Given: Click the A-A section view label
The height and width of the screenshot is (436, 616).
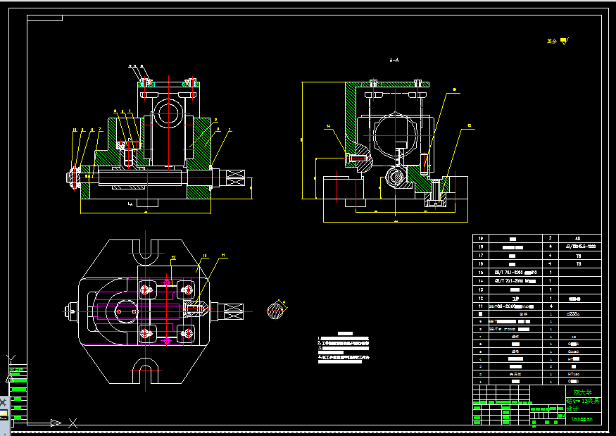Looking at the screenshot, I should tap(394, 61).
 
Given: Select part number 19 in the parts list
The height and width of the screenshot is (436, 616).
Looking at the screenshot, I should tap(483, 239).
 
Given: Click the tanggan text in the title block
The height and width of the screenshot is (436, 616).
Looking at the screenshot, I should tap(581, 418).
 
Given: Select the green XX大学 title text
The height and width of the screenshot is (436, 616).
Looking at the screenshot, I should tap(582, 392).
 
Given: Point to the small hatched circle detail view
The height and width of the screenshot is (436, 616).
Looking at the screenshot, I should tap(279, 309).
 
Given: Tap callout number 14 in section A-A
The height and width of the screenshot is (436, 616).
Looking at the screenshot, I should tap(327, 126).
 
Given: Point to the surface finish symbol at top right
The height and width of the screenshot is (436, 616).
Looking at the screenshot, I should tap(555, 41).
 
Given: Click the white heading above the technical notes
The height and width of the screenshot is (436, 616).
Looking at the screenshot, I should tap(344, 332).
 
